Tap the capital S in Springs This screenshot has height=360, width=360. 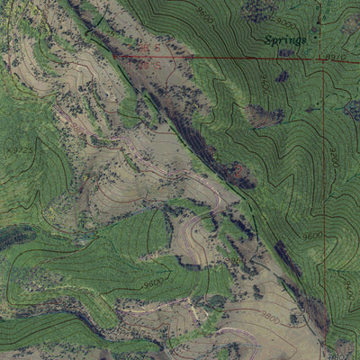pyautogui.click(x=267, y=40)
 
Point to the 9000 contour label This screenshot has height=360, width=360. pyautogui.click(x=284, y=20)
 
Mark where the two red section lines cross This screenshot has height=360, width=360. pyautogui.click(x=321, y=57)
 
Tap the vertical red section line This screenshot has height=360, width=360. pyautogui.click(x=321, y=180)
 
